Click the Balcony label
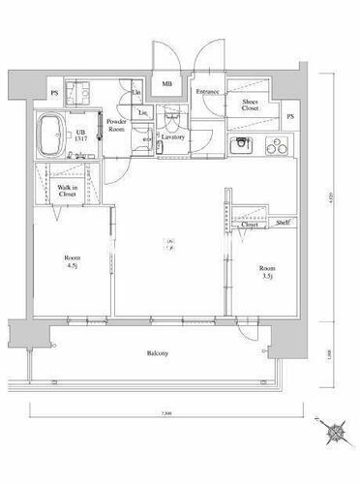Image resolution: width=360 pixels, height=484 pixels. point(158,353)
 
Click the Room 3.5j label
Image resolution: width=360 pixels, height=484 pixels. point(266,272)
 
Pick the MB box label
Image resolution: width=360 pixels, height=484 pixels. point(166,83)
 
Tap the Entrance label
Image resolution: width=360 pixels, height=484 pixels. point(207,92)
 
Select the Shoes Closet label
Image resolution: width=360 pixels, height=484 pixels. point(250,106)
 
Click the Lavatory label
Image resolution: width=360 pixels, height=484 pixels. point(174,136)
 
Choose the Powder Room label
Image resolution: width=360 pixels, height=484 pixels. point(118,126)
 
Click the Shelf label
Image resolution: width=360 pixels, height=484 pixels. point(282,223)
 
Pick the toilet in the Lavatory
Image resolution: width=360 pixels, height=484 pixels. point(170,122)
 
